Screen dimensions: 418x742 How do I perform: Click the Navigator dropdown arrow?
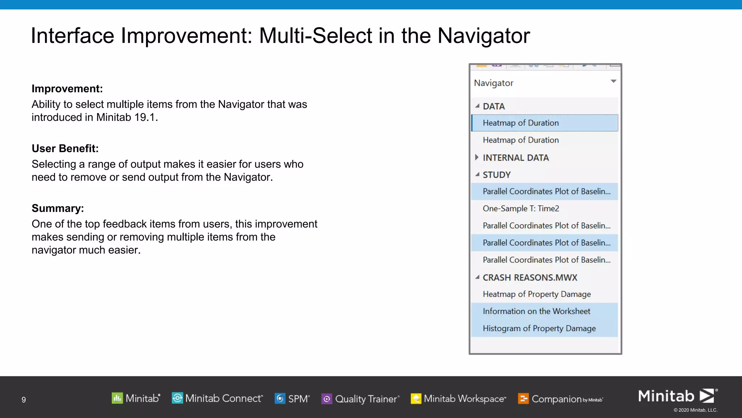(613, 81)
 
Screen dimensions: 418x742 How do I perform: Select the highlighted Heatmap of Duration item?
(521, 123)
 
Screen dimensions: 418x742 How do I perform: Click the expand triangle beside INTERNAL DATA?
(477, 157)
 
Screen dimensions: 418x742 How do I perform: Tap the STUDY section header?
(496, 175)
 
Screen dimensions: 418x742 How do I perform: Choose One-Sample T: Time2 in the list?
(521, 209)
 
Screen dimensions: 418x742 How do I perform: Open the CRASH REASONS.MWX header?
(530, 278)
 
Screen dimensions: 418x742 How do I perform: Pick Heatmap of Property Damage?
(537, 294)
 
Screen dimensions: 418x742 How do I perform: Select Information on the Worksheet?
(536, 311)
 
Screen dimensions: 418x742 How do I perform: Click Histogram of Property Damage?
(539, 328)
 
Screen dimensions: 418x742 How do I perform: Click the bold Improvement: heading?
(67, 89)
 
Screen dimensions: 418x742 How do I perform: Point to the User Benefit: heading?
(65, 148)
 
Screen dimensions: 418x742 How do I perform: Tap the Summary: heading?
(58, 208)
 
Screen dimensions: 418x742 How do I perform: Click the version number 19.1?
(145, 118)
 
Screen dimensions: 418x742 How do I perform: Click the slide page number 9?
(24, 400)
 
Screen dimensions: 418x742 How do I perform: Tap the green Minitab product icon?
(117, 398)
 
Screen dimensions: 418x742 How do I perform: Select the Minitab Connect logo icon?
(177, 398)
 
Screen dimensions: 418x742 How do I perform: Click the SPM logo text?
(299, 399)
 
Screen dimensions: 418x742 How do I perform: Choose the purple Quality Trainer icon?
(327, 399)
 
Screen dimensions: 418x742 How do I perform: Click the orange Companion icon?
(523, 399)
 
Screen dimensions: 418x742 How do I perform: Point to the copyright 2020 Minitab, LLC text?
(695, 410)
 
